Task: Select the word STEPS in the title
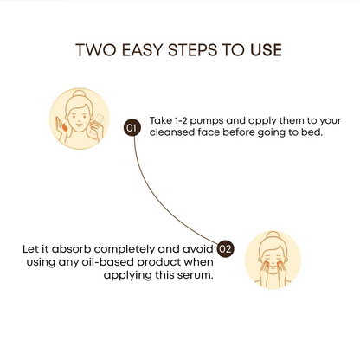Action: coord(192,50)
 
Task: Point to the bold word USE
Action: coord(266,50)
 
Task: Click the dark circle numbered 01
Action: coord(132,127)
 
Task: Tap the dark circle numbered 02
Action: coord(225,248)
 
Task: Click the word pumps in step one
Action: coord(207,121)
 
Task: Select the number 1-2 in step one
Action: coord(181,120)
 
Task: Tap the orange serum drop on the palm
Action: coord(64,126)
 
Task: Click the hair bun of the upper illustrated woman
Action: coord(80,93)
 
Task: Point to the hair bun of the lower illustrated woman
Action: coord(273,235)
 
